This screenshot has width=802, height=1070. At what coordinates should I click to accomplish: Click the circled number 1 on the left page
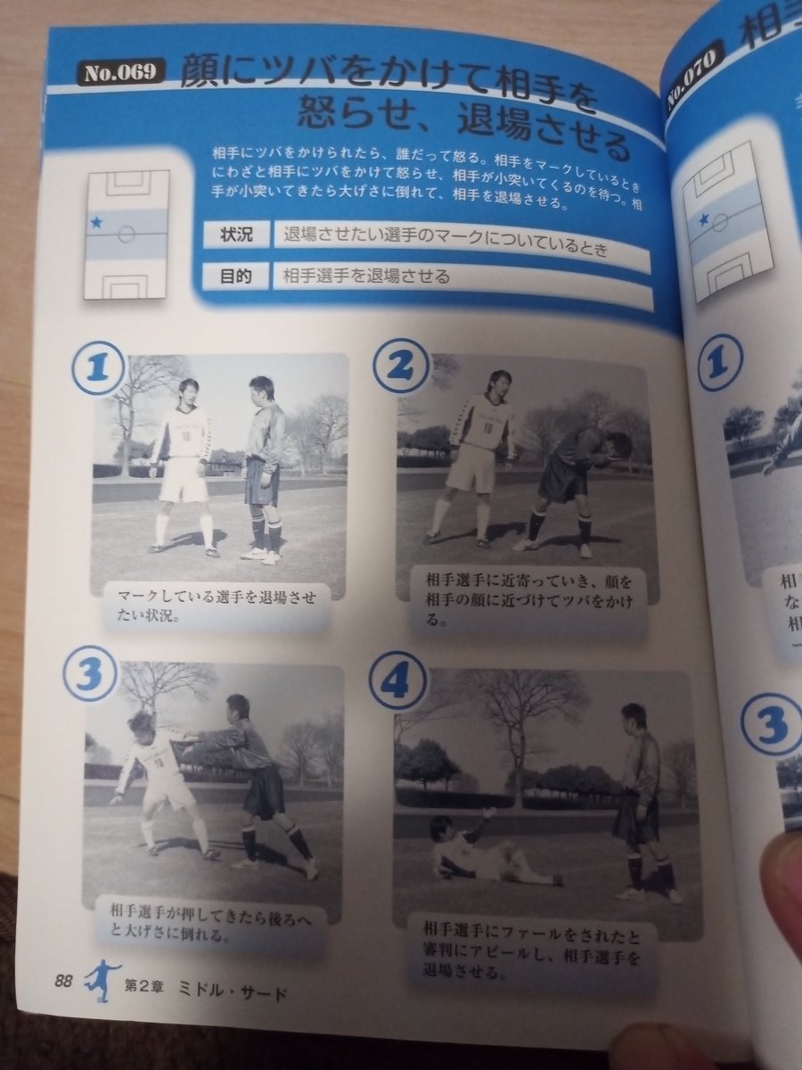coord(95,368)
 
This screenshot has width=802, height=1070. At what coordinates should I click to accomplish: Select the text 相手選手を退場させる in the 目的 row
coord(367,277)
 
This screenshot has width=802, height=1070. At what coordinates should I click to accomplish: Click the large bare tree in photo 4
coord(517,722)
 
